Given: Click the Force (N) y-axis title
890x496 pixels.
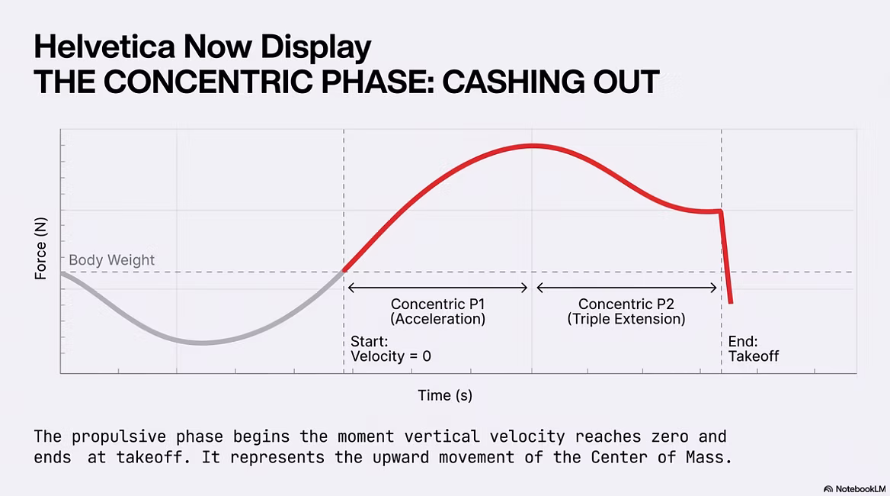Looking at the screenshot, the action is coord(40,248).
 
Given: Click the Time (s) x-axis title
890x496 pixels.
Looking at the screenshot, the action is coord(445,395).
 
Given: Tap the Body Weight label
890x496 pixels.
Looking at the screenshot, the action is coord(111,259).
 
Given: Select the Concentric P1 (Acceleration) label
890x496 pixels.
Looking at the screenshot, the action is coord(437,311).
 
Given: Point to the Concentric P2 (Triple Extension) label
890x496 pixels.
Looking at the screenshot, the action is coord(626,311).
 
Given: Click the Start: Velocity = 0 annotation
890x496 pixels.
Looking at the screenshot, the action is coord(390,349).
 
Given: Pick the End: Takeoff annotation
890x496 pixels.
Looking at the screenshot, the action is coord(753,349).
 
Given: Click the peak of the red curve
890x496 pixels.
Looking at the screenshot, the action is coord(533,146).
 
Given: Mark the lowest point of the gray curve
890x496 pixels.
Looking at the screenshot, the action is coord(202,343).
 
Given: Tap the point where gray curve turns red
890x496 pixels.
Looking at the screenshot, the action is coord(344,271).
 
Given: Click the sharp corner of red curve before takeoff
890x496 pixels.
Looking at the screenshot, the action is coord(720,211).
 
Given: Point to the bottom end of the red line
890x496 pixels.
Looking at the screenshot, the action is coord(731,302).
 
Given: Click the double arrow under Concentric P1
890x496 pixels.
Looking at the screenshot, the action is coord(437,288).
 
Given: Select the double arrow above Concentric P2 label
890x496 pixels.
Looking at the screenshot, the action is coord(626,288).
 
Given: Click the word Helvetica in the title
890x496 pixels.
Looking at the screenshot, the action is coord(104,46).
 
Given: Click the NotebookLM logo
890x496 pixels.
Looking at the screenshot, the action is coord(855,488).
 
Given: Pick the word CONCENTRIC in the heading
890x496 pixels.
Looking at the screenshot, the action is coord(209,82).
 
